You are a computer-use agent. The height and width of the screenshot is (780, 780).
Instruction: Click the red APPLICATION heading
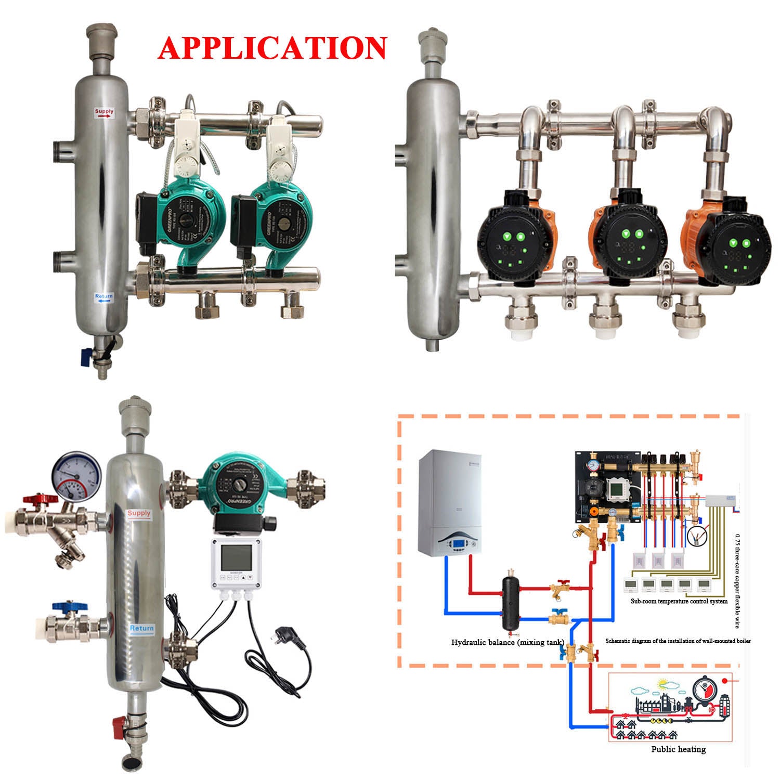pos(272,48)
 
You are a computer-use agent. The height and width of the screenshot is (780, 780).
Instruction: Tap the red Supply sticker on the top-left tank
pos(103,112)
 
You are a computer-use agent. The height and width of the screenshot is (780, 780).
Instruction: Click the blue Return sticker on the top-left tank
pos(103,298)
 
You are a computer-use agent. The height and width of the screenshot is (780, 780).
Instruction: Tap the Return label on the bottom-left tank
pos(141,628)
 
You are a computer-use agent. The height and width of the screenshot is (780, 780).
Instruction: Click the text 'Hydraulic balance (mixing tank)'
pos(508,643)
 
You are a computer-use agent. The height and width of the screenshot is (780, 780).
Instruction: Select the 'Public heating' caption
pos(678,749)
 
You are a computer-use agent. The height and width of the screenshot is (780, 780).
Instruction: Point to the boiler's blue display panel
pos(459,544)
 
